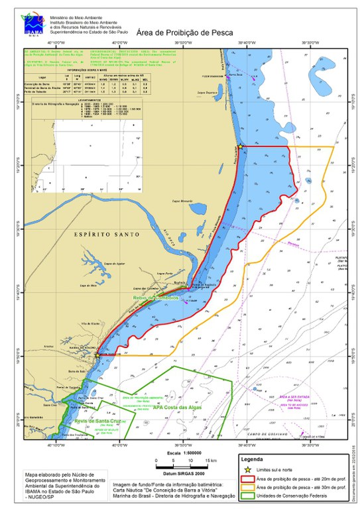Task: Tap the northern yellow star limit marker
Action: (240, 146)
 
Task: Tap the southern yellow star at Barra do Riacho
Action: (97, 355)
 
